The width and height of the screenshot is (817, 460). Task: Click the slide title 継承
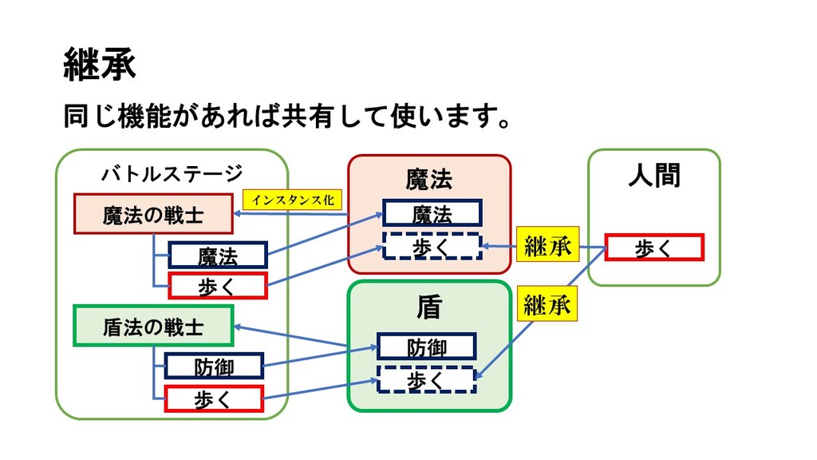coord(100,64)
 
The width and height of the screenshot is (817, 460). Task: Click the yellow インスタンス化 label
coord(292,200)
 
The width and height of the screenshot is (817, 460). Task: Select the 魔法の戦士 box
coord(153,214)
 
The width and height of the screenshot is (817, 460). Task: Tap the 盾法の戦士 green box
coord(153,326)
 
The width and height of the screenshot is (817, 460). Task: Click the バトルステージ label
coord(172,173)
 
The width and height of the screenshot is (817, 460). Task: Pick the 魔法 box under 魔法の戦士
coord(218,255)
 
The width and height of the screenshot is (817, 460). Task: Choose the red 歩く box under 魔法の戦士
coord(218,285)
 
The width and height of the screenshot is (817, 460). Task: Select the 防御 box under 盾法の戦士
coord(214,366)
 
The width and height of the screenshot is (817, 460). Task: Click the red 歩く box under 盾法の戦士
coord(214,399)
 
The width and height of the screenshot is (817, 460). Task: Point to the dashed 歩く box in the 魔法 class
coord(432,246)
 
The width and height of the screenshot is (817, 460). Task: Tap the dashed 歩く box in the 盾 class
coord(427,379)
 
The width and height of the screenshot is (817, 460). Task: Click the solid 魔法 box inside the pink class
coord(432,212)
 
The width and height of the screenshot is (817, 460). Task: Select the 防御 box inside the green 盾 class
coord(427,347)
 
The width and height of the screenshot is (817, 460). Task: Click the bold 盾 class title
coord(429,307)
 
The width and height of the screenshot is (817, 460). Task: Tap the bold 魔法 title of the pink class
coord(428,180)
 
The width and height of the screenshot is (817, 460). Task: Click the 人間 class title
coord(654,175)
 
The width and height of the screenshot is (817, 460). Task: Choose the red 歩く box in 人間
coord(654,248)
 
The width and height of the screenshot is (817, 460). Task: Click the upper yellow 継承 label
coord(547,244)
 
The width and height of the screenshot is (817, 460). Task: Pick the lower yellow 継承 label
coord(547,303)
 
